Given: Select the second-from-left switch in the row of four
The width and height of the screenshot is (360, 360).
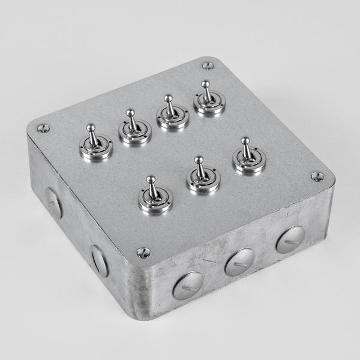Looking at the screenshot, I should [x=134, y=130].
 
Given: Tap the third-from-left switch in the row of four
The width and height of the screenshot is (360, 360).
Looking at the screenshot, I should [x=173, y=115].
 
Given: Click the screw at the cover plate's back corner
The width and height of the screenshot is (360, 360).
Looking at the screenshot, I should [x=207, y=65].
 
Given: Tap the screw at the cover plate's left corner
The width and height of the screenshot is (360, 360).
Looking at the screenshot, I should [x=43, y=128].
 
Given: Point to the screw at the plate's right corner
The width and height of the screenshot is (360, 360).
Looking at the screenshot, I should [x=317, y=176].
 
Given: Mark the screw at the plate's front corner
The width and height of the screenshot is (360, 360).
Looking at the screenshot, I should [x=142, y=253].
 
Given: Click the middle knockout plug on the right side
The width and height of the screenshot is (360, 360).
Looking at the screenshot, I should [x=239, y=262].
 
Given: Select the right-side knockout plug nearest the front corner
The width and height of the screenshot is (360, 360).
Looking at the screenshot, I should [x=188, y=286].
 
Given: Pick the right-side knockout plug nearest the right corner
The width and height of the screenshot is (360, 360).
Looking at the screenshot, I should [x=290, y=239].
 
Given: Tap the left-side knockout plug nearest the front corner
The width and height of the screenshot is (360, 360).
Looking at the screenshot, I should [x=99, y=260].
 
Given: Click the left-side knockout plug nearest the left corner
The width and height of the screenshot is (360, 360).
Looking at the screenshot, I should [x=53, y=203].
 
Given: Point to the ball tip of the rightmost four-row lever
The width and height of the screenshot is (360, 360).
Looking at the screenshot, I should [x=205, y=84].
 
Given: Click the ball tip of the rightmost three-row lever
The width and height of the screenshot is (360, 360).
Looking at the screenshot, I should [x=245, y=141].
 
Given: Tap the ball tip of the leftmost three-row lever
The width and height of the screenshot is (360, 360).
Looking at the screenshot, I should [x=151, y=179].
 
